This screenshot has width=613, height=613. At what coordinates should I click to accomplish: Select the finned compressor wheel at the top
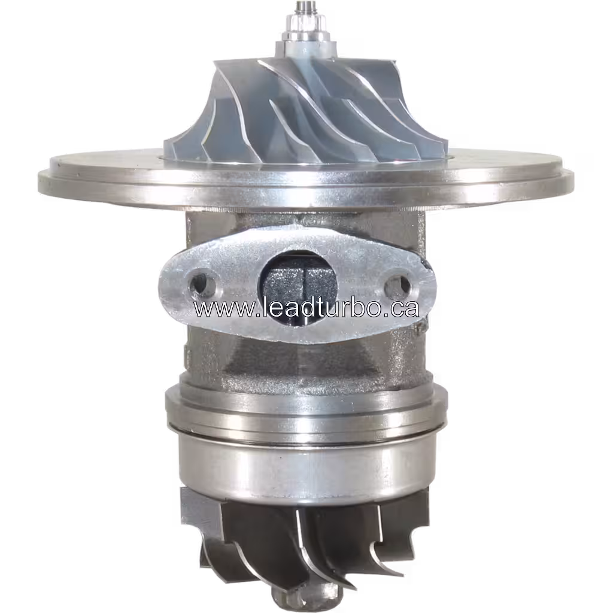305,108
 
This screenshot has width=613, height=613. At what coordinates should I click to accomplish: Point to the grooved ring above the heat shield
305,407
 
